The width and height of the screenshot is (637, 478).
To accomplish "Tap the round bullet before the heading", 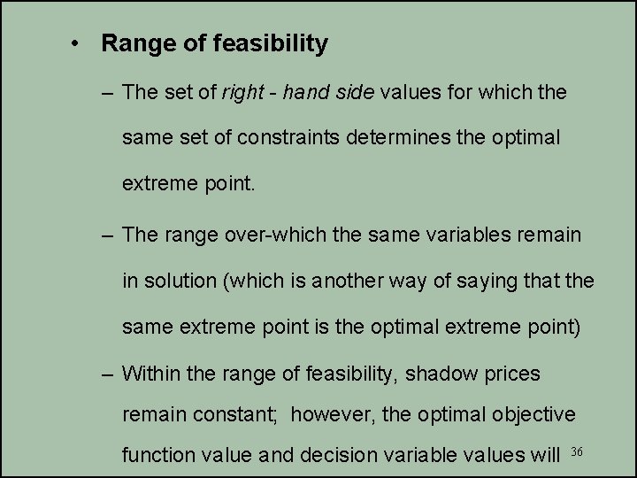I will point(79,43).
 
